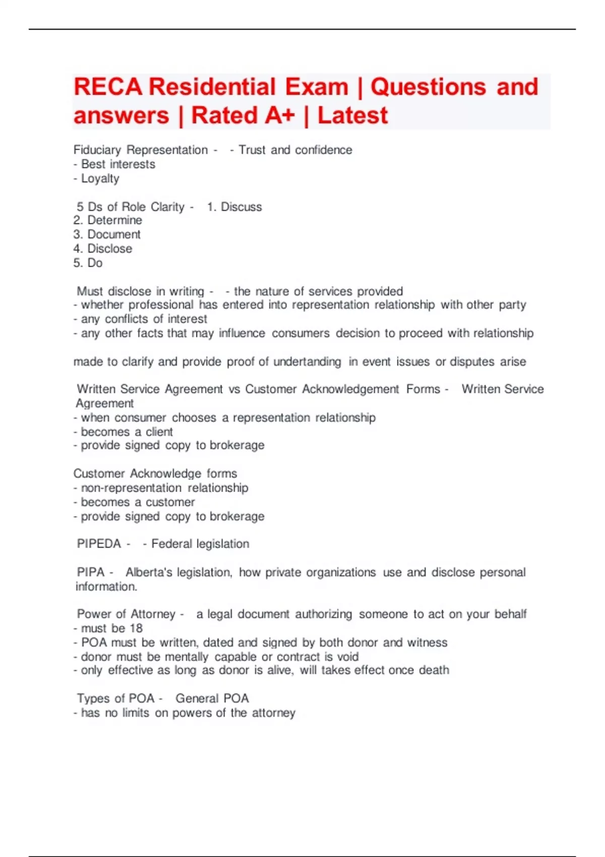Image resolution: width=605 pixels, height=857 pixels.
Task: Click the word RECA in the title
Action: tap(108, 87)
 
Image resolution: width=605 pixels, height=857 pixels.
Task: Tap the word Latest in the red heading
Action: tap(352, 115)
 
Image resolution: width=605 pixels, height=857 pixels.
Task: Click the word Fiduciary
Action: tap(97, 150)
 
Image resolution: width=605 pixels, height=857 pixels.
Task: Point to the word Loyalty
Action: tap(100, 178)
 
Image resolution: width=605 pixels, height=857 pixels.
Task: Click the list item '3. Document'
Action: tap(107, 234)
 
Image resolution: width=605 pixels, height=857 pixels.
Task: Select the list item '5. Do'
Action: tap(88, 263)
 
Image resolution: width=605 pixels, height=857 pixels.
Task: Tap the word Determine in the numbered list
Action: tap(114, 220)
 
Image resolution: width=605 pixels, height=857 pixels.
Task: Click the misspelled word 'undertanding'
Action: tap(307, 361)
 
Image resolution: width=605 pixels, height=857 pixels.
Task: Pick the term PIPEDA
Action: tap(99, 544)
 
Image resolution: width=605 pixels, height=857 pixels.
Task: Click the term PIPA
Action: tap(91, 572)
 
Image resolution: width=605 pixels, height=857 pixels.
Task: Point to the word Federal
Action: tap(171, 544)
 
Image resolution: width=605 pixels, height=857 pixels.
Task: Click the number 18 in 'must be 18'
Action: tap(136, 628)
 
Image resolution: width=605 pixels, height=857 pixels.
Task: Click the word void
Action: tap(347, 657)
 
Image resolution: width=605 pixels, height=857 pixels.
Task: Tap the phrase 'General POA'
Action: tap(212, 698)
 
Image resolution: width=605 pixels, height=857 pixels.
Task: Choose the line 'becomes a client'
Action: tap(127, 432)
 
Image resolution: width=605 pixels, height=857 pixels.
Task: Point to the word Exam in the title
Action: tap(317, 87)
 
